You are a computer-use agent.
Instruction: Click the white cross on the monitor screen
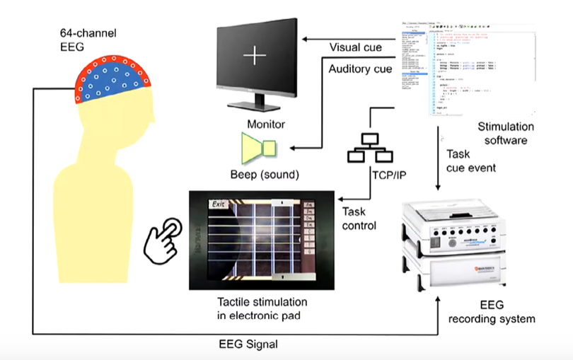click(x=253, y=54)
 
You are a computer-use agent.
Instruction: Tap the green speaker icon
click(x=260, y=146)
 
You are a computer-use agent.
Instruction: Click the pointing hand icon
click(x=161, y=240)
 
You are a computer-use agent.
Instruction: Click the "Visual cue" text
click(x=356, y=48)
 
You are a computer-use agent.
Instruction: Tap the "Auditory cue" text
click(x=360, y=69)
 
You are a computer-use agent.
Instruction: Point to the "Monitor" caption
click(x=266, y=124)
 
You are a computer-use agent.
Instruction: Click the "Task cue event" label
click(x=473, y=160)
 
